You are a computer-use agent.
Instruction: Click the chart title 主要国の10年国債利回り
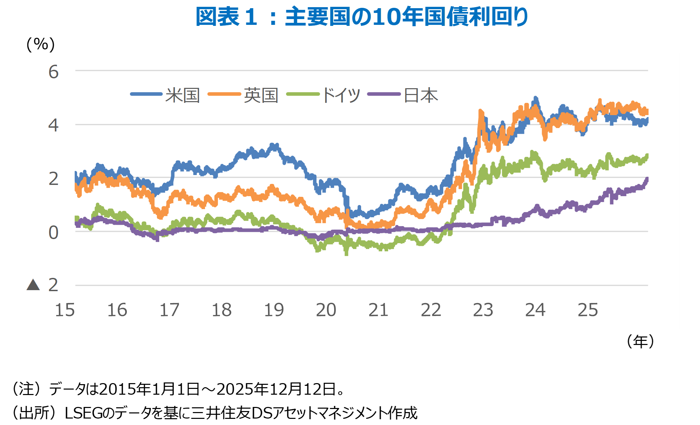[x=362, y=17]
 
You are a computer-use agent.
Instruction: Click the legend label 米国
[x=182, y=95]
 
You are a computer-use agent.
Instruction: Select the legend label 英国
[x=261, y=95]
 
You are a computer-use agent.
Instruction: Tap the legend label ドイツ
[x=340, y=95]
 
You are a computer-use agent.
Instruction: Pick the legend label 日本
[x=420, y=95]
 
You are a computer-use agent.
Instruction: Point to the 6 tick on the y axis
[x=54, y=72]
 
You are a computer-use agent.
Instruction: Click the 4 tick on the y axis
[x=54, y=125]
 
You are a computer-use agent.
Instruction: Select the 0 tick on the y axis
[x=54, y=233]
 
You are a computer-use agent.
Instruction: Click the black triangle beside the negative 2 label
[x=33, y=285]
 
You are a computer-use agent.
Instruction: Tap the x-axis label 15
[x=65, y=310]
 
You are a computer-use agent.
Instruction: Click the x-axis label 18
[x=222, y=310]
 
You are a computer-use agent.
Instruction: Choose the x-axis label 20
[x=326, y=310]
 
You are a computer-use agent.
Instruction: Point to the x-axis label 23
[x=483, y=310]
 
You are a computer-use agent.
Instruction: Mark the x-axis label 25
[x=587, y=310]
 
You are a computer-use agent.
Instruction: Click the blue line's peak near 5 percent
[x=535, y=98]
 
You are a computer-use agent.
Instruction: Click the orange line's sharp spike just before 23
[x=480, y=111]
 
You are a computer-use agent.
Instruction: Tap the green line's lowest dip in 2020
[x=346, y=253]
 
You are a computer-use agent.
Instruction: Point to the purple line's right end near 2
[x=646, y=179]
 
